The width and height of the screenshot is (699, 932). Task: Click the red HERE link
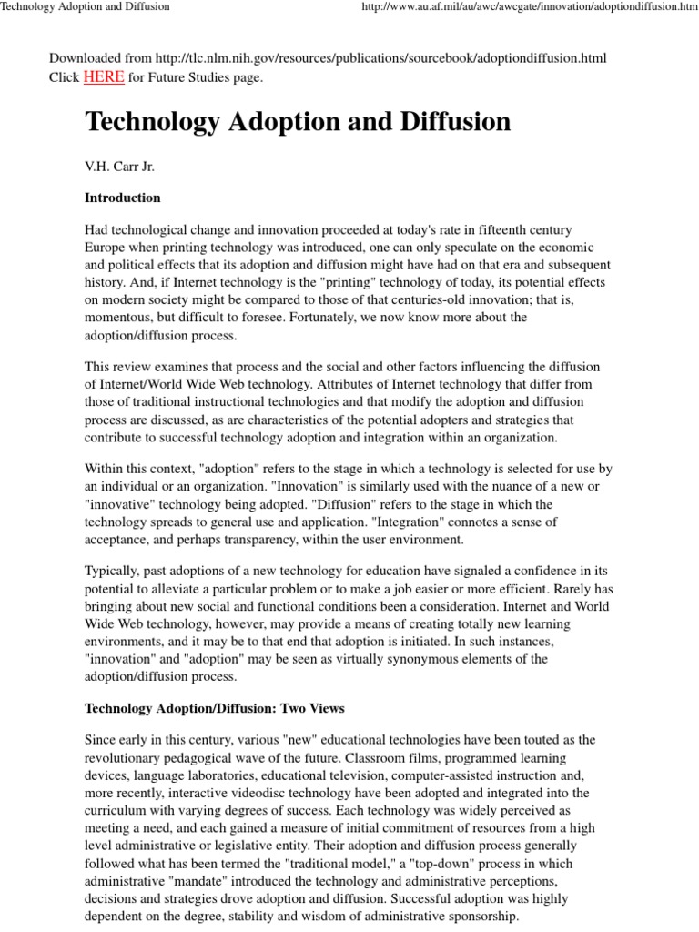(x=104, y=77)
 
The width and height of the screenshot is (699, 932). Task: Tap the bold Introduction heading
(x=122, y=198)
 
